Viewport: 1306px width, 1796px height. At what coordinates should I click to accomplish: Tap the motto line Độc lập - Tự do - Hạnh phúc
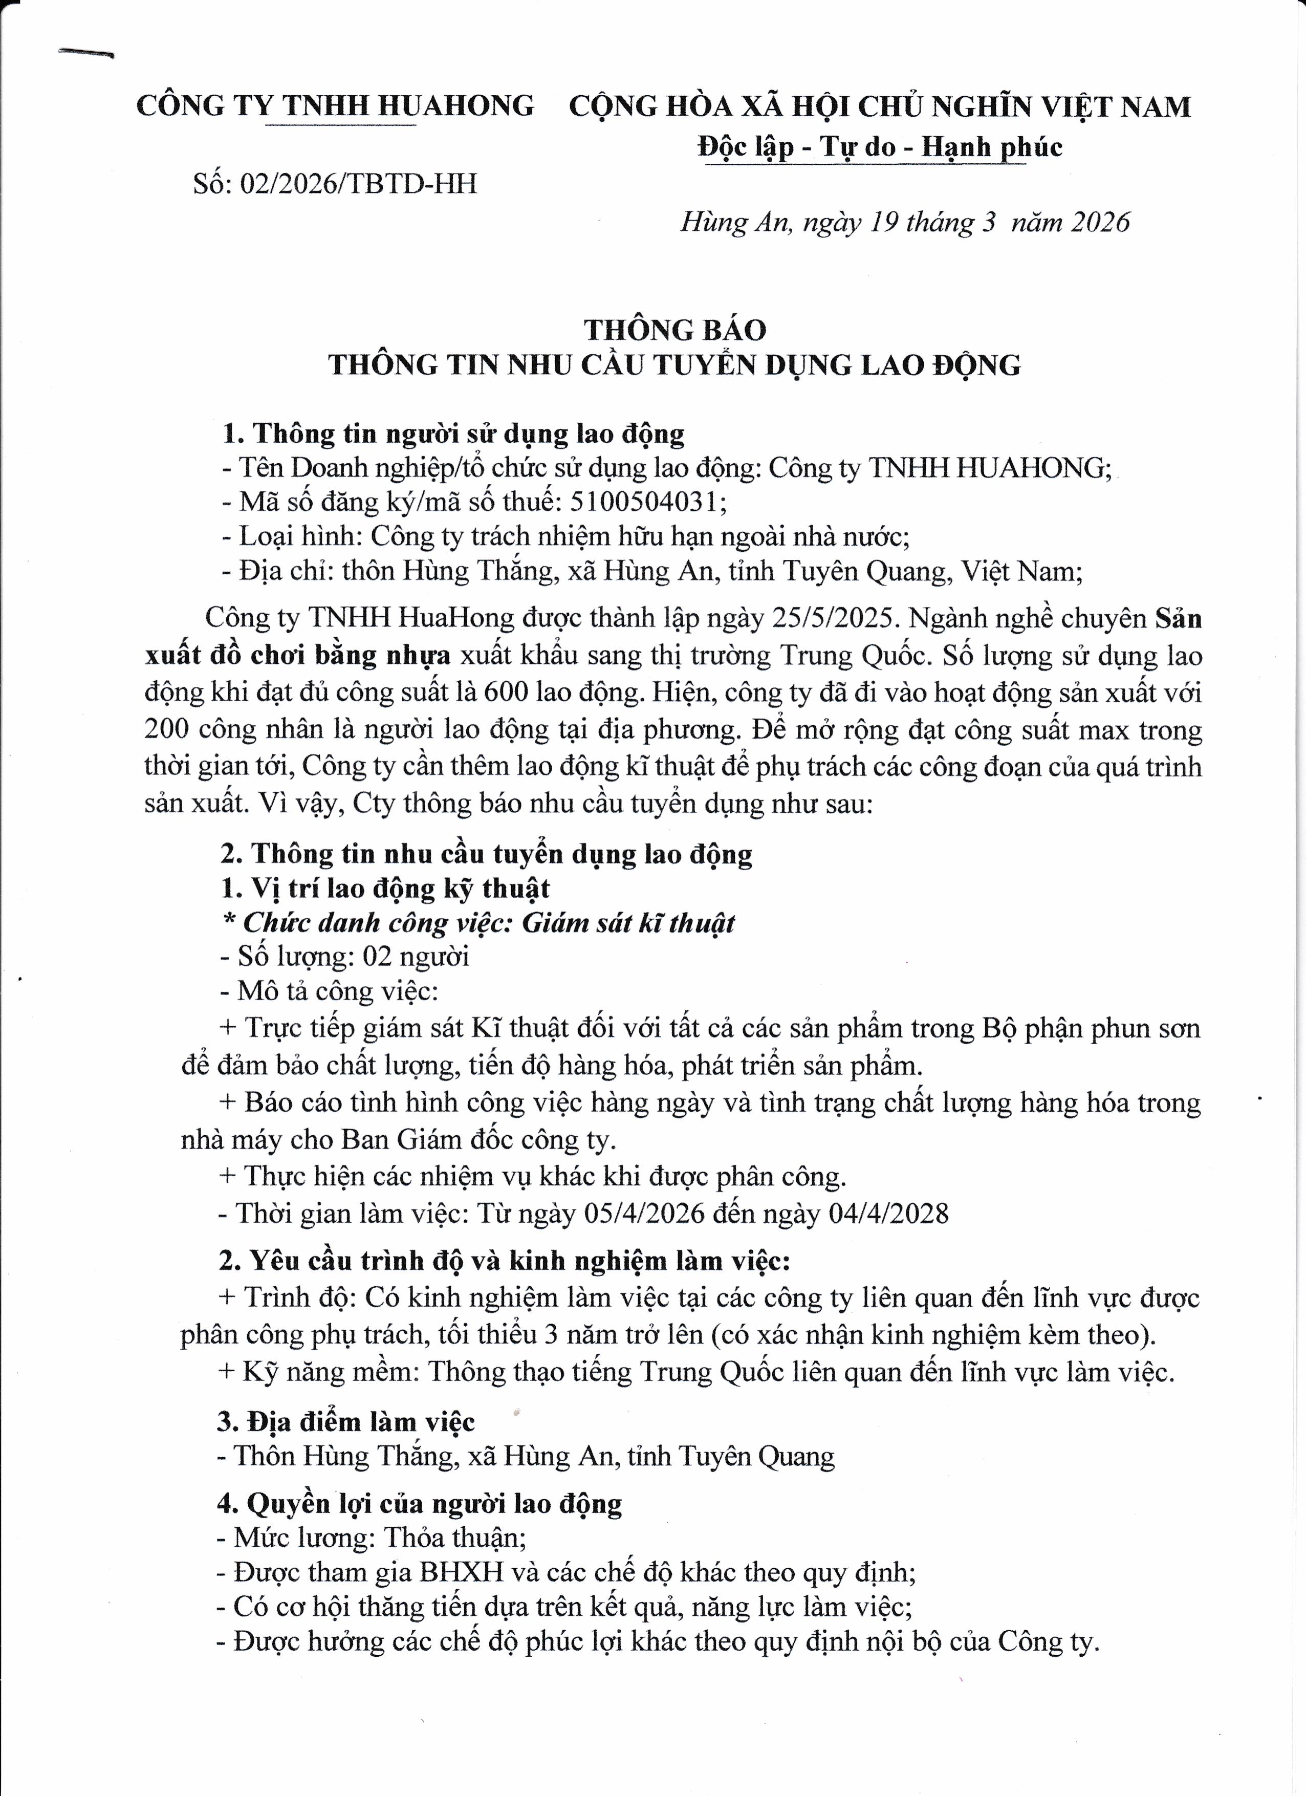(880, 146)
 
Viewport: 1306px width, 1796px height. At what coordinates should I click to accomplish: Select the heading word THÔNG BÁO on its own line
(675, 330)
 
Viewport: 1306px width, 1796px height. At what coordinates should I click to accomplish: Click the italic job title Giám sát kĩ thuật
(628, 923)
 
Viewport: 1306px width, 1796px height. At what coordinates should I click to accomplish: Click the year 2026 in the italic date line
(1101, 223)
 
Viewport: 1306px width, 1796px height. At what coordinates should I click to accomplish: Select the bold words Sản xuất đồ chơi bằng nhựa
(298, 656)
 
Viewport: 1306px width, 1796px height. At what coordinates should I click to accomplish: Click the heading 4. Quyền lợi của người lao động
(420, 1503)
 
